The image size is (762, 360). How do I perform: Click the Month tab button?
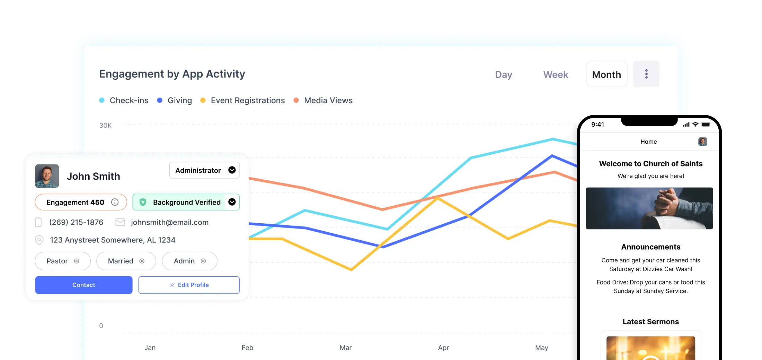(606, 74)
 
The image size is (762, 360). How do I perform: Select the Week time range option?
(556, 75)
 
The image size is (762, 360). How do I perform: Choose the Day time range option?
(504, 75)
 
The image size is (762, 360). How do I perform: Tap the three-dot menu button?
(646, 74)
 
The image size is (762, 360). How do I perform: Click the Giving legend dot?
(160, 100)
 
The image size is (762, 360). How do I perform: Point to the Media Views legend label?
(328, 100)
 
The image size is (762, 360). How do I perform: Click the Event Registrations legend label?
(248, 100)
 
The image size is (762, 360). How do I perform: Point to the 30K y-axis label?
(105, 125)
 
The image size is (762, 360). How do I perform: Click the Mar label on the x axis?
(346, 348)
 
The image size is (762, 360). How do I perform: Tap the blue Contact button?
(84, 285)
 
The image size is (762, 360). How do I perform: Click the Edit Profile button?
(189, 285)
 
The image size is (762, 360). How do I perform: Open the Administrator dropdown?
(204, 170)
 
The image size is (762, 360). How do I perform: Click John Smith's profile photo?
(47, 176)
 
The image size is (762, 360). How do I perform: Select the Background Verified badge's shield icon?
(143, 202)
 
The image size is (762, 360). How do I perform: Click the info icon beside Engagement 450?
(115, 202)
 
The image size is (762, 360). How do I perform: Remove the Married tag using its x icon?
(142, 261)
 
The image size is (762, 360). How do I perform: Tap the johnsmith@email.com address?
(170, 222)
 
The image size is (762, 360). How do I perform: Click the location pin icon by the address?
(39, 240)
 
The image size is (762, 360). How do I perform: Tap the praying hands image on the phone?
(649, 208)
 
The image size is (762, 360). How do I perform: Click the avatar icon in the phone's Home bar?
(703, 142)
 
